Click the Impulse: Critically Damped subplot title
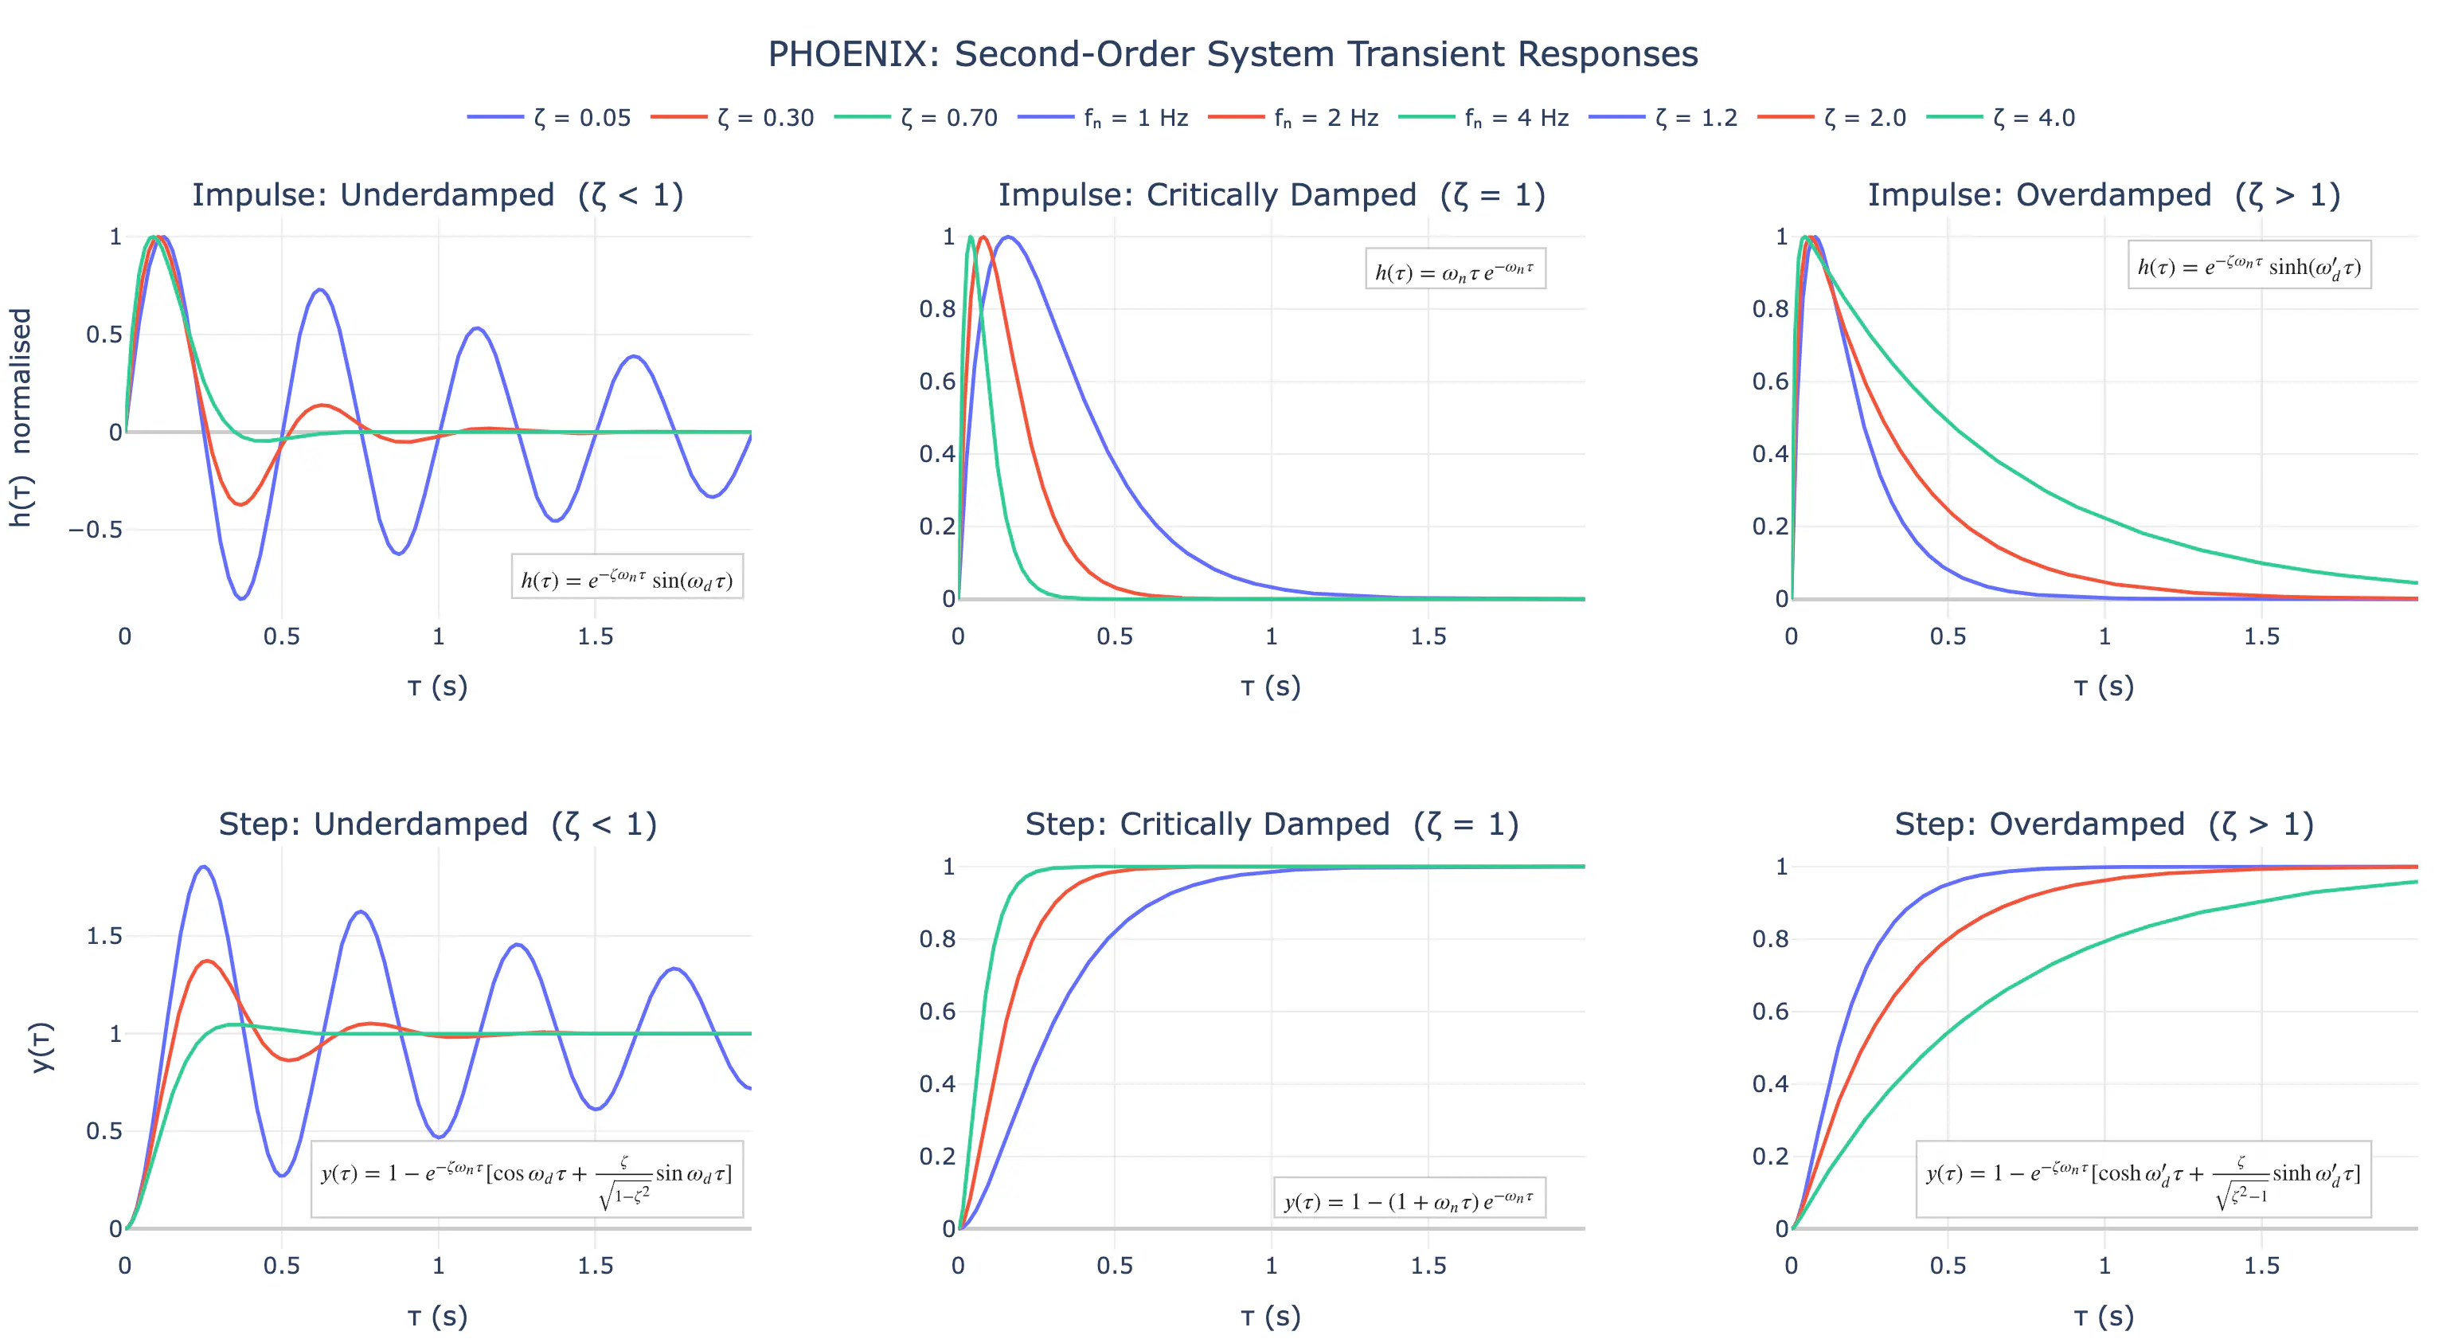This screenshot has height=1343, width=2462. click(x=1271, y=195)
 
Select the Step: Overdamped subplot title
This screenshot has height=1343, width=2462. click(x=2104, y=824)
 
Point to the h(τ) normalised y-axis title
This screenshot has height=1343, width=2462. click(x=21, y=417)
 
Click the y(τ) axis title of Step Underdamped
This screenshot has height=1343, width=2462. click(x=43, y=1047)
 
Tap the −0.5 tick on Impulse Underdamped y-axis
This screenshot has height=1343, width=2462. click(x=96, y=530)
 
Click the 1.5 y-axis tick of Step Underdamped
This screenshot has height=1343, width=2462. click(x=104, y=936)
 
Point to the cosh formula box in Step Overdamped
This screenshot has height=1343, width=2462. click(x=2143, y=1179)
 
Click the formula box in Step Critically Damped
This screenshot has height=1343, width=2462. click(x=1409, y=1200)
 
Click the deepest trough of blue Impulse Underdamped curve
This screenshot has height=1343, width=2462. click(x=243, y=598)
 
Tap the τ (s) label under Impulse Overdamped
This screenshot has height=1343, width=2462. click(x=2104, y=687)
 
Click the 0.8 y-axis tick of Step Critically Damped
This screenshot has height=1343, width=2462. click(x=936, y=938)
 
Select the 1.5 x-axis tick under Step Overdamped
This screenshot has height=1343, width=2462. click(x=2261, y=1266)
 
